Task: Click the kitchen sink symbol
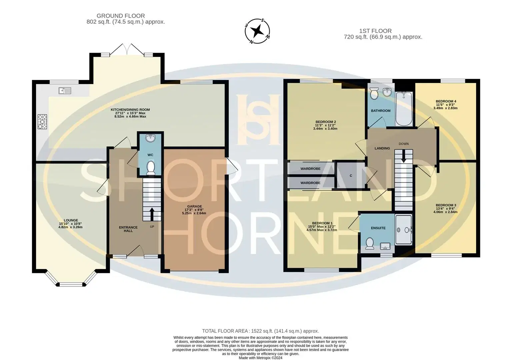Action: click(x=65, y=91)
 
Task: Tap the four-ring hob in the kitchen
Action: click(x=42, y=122)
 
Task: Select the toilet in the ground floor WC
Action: click(x=151, y=168)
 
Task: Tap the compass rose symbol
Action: click(x=257, y=31)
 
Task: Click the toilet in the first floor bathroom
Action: click(x=374, y=93)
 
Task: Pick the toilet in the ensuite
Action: click(x=370, y=243)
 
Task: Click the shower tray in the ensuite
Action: click(x=404, y=230)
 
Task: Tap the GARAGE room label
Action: click(x=195, y=206)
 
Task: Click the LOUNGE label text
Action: click(x=71, y=220)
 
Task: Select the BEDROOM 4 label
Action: click(x=446, y=101)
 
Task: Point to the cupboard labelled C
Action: click(x=351, y=176)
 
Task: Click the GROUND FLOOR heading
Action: click(x=121, y=16)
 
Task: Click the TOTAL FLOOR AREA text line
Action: click(x=260, y=331)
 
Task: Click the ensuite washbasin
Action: click(x=385, y=246)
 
